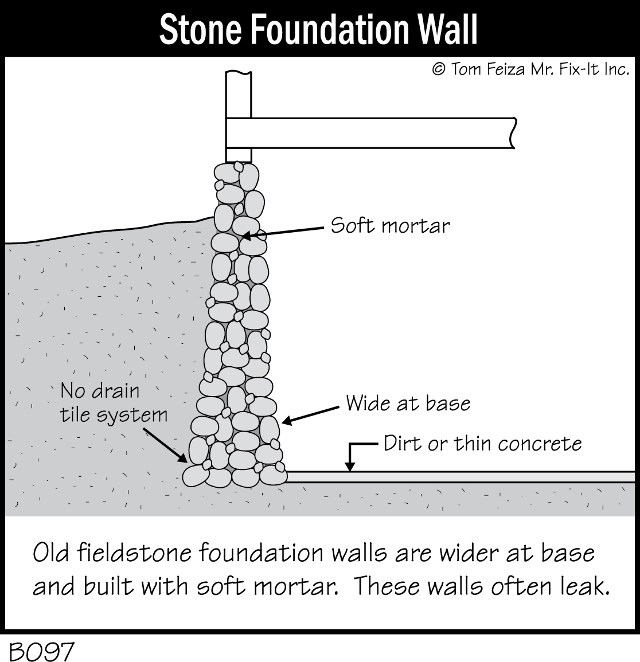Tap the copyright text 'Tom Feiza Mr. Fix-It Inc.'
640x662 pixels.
[539, 69]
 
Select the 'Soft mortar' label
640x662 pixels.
[390, 225]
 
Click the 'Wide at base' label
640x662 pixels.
[408, 404]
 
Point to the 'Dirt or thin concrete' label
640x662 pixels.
[482, 444]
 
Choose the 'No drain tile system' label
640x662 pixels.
[114, 402]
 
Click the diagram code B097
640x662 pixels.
[41, 651]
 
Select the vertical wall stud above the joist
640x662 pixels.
[238, 95]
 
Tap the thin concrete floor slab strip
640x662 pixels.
[459, 476]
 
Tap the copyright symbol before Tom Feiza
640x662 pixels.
[438, 69]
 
